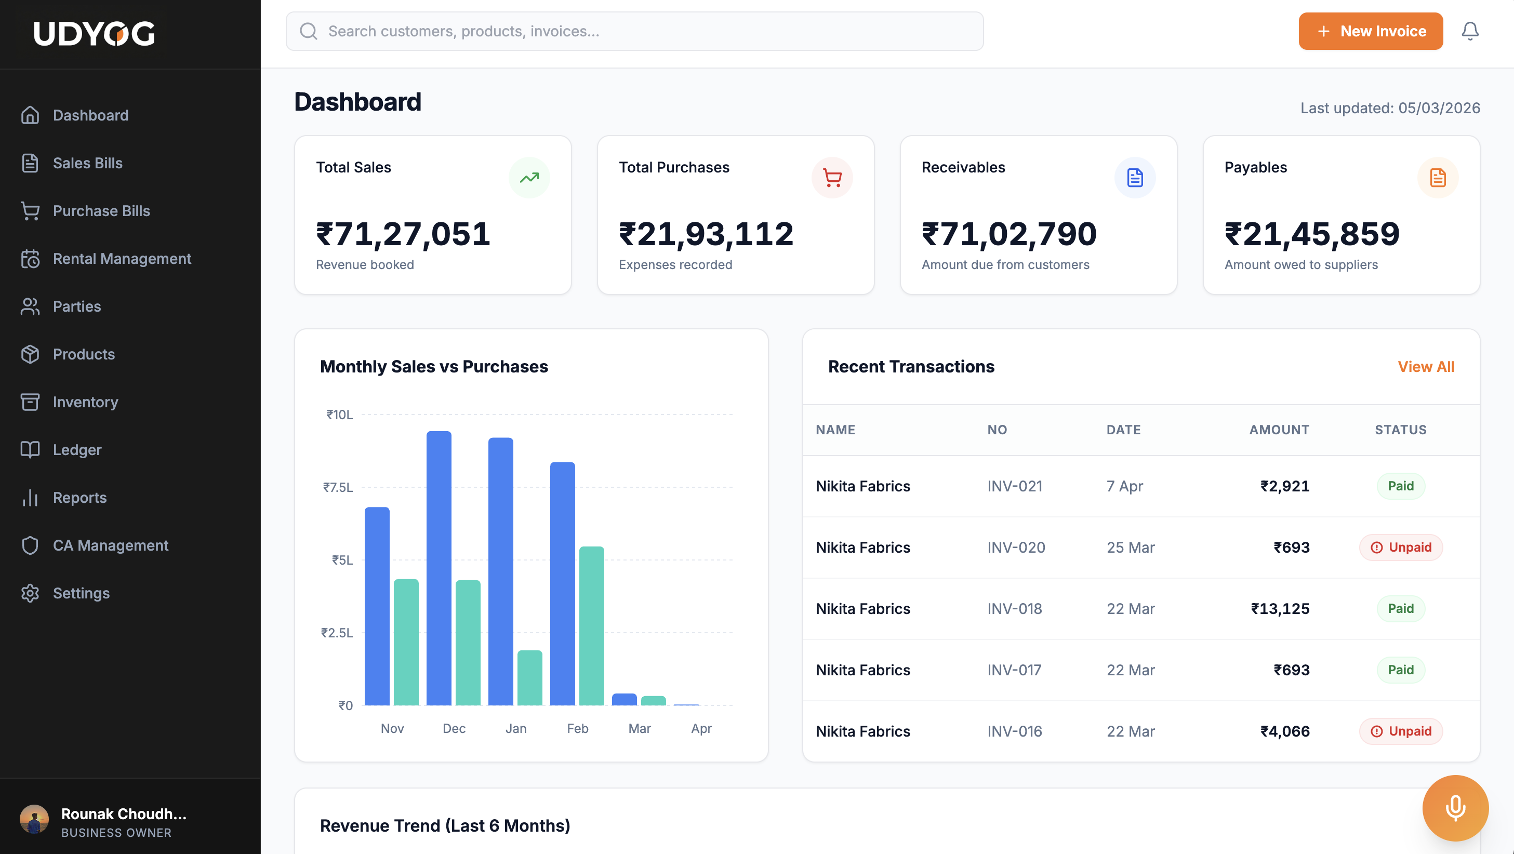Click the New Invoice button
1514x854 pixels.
[1370, 31]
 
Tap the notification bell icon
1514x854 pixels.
[1469, 31]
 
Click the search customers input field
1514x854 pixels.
[635, 31]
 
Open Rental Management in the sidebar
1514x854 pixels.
[122, 259]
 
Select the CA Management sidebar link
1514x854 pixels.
[111, 545]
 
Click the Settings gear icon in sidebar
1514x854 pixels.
[30, 593]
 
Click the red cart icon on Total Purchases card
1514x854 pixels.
[832, 178]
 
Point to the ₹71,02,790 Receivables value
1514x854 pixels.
[1008, 234]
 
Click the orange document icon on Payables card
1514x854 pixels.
[1438, 178]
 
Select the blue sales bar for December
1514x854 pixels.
[439, 568]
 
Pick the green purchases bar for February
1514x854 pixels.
[591, 625]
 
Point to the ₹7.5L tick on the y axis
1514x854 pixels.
[338, 487]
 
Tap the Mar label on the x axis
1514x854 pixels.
[639, 728]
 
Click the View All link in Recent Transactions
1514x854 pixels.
[1425, 367]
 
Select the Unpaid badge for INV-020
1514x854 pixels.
[1401, 547]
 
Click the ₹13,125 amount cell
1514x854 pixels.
[1280, 608]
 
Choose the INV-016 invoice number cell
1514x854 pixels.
[1014, 731]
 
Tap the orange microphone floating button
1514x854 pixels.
[1455, 808]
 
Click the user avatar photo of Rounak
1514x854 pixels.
[34, 819]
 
